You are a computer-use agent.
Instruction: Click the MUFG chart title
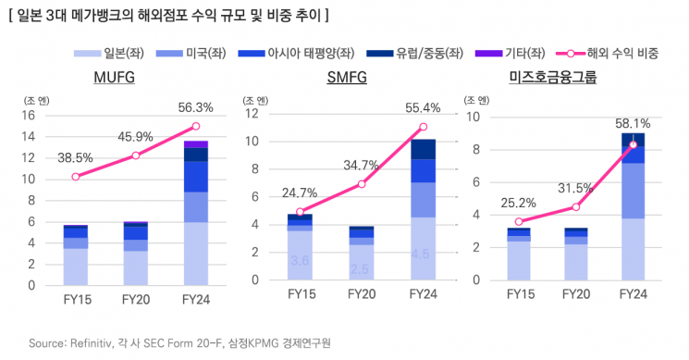pyautogui.click(x=115, y=78)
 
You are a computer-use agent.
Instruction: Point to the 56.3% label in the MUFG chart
pyautogui.click(x=195, y=107)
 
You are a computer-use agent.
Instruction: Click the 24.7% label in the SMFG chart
pyautogui.click(x=299, y=192)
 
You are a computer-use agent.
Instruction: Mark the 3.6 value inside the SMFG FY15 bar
pyautogui.click(x=300, y=261)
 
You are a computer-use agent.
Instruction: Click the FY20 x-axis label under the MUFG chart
pyautogui.click(x=136, y=300)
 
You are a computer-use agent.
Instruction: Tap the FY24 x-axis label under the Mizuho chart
pyautogui.click(x=634, y=300)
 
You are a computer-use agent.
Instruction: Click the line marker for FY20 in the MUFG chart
pyautogui.click(x=136, y=155)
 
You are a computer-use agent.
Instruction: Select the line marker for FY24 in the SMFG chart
pyautogui.click(x=423, y=127)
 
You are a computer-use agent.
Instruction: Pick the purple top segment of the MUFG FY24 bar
pyautogui.click(x=195, y=144)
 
